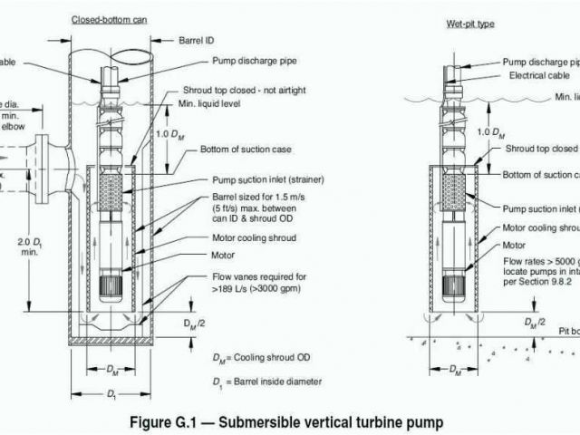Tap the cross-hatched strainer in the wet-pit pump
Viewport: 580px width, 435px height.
(453, 188)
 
